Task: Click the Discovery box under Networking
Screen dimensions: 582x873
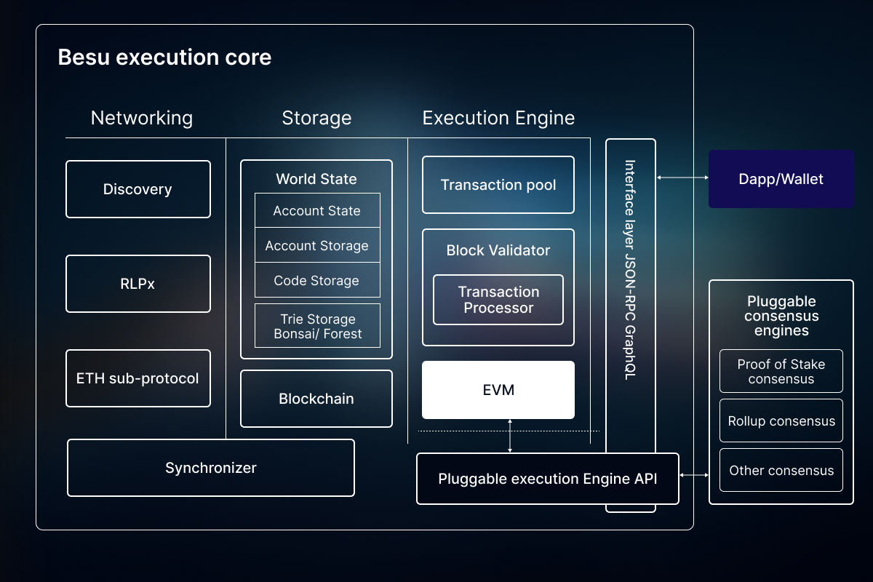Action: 138,189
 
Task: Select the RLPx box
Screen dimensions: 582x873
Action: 138,284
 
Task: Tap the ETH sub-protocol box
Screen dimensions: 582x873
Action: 138,378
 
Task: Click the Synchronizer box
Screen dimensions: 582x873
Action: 211,468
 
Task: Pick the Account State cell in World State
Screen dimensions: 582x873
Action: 317,211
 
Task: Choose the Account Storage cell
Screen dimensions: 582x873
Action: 317,246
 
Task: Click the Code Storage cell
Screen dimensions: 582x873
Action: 317,281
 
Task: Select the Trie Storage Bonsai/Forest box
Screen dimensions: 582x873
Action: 317,327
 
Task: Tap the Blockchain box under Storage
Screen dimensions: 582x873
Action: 316,399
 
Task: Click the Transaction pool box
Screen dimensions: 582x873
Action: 498,185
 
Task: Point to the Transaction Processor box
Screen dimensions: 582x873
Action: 498,300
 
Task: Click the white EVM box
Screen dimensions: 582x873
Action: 498,390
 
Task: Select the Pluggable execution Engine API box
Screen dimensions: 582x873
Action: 547,479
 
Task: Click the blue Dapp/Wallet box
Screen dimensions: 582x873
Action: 781,179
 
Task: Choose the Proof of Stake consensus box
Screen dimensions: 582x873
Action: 781,371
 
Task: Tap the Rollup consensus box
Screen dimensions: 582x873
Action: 781,420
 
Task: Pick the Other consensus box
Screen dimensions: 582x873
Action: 781,470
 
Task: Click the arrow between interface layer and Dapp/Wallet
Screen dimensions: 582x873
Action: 682,178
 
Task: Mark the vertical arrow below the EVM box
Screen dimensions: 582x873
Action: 510,436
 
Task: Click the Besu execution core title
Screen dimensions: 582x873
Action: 164,57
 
